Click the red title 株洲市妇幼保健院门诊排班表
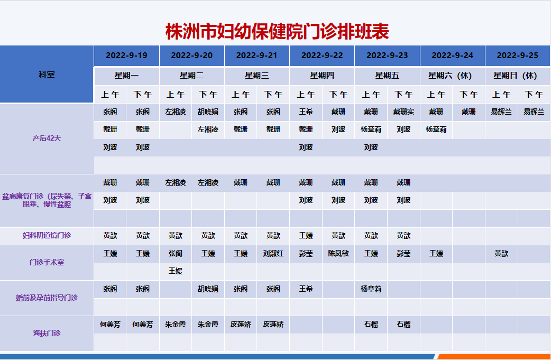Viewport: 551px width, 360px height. (277, 32)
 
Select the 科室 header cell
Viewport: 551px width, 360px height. (47, 75)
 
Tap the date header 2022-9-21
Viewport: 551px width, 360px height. (256, 56)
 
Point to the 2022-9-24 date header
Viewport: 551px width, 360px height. (452, 56)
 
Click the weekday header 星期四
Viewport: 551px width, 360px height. (322, 76)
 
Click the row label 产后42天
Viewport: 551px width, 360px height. (47, 138)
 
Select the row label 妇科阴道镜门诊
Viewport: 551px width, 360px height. (47, 235)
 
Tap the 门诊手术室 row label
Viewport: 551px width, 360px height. (47, 262)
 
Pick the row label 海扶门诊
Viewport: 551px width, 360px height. (47, 333)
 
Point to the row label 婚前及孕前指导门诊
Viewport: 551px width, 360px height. (47, 298)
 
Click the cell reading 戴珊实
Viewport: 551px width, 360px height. (403, 112)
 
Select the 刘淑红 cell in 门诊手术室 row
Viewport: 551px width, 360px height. (273, 254)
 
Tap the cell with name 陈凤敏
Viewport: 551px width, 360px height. (338, 254)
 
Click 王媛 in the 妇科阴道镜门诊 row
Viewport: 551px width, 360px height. (306, 236)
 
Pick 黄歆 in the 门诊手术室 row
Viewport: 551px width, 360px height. (501, 254)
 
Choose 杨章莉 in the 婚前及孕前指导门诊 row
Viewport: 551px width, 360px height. (371, 289)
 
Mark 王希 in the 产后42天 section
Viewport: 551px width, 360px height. (306, 112)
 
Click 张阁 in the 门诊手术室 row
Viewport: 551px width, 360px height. (176, 254)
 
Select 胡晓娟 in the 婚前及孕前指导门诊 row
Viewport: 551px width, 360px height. (208, 289)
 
